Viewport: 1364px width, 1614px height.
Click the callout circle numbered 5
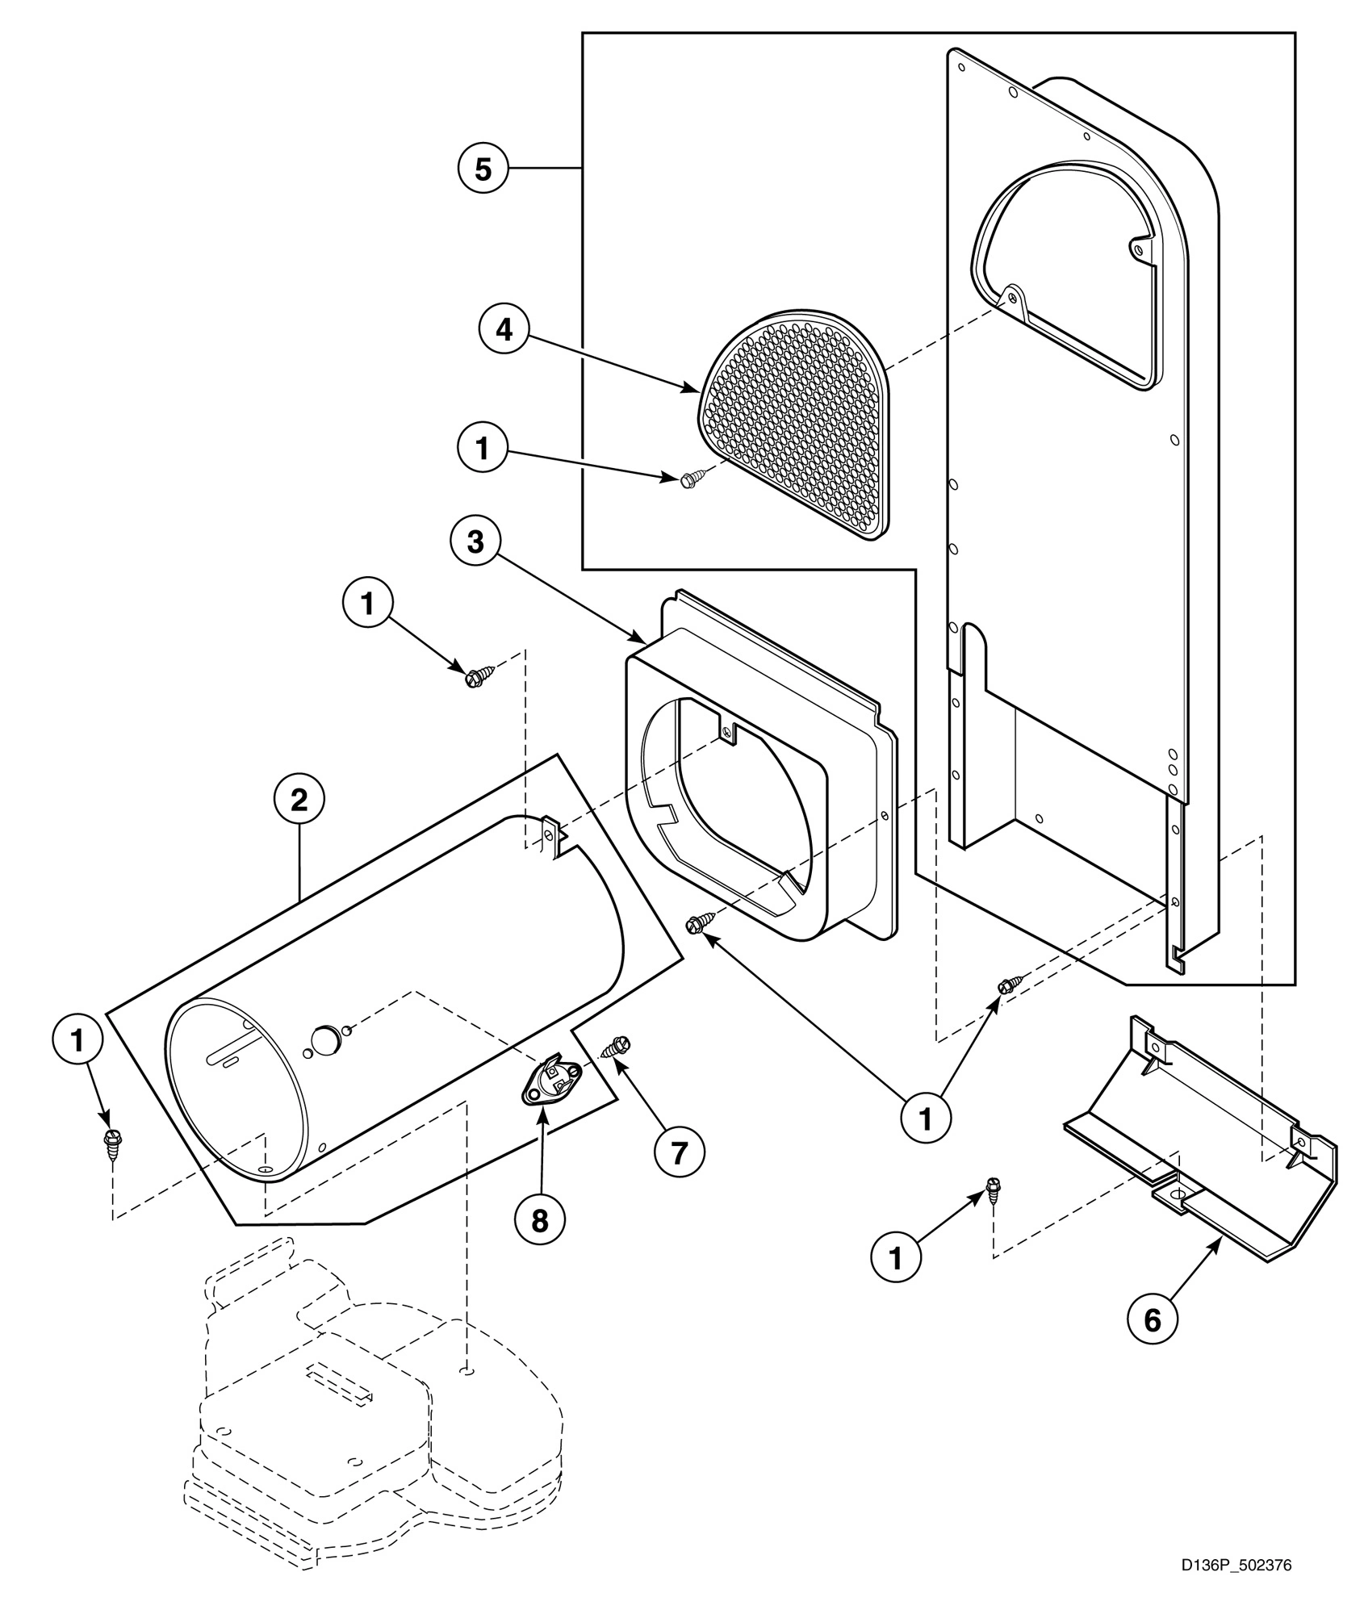click(482, 169)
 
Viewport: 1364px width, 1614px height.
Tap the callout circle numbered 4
click(504, 329)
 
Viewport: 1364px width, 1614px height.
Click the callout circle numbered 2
click(299, 801)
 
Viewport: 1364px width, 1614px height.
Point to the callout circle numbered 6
click(1152, 1319)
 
